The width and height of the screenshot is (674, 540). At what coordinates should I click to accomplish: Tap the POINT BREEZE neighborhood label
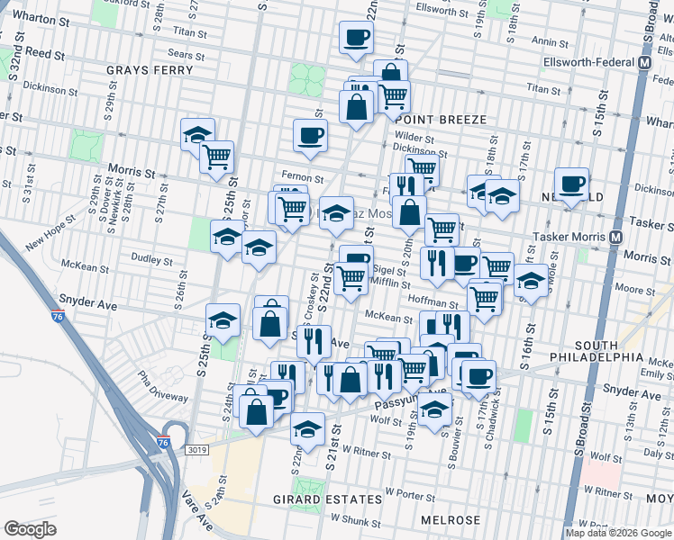pyautogui.click(x=440, y=120)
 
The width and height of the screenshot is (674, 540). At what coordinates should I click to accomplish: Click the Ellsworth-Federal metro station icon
pyautogui.click(x=645, y=63)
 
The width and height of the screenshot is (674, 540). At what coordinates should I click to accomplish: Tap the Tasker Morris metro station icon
pyautogui.click(x=616, y=237)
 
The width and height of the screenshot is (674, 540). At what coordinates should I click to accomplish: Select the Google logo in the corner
pyautogui.click(x=31, y=529)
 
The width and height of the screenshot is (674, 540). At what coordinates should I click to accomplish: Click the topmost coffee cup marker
pyautogui.click(x=356, y=39)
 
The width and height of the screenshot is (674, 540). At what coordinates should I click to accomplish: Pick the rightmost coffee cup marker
pyautogui.click(x=571, y=184)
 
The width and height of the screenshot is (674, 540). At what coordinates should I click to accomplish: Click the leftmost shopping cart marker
pyautogui.click(x=217, y=157)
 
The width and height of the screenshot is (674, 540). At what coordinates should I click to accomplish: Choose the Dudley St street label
pyautogui.click(x=150, y=261)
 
